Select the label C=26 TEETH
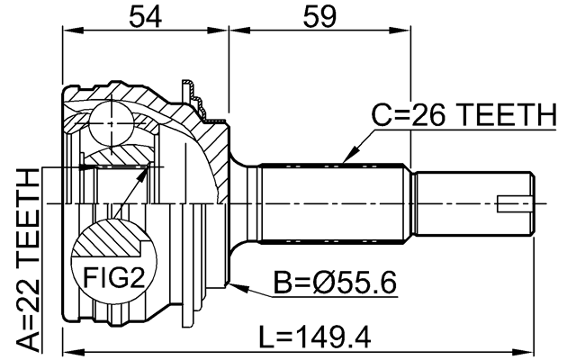point(464,115)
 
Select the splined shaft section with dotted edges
point(333,203)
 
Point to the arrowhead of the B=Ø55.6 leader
point(234,286)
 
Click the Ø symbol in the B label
point(324,284)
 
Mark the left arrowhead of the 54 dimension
point(67,30)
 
